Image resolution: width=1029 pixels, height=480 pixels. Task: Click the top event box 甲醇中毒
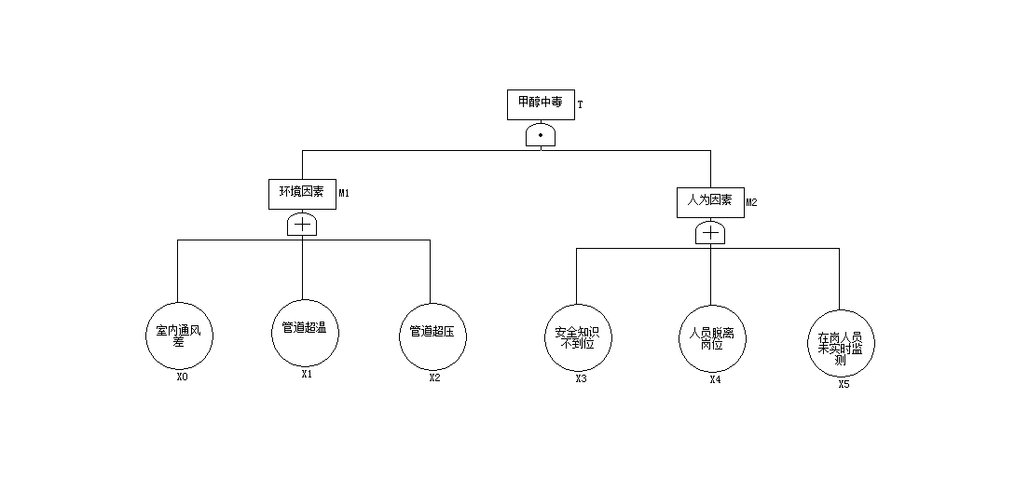[x=541, y=104]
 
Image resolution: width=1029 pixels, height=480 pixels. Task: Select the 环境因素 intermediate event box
[x=302, y=193]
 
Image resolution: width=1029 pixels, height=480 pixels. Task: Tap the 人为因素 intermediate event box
[x=710, y=201]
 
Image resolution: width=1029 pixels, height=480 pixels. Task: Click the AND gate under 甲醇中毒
[x=541, y=136]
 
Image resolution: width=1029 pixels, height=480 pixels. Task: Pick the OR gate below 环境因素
[x=302, y=225]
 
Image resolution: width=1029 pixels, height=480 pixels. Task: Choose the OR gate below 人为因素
[x=710, y=233]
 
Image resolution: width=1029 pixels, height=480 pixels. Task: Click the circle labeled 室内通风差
[x=180, y=336]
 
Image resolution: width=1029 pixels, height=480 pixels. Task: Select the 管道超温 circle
[x=304, y=333]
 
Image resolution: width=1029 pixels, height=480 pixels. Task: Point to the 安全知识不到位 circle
[x=577, y=336]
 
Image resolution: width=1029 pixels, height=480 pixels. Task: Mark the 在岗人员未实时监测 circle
[x=841, y=343]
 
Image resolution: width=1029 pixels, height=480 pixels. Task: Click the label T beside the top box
[x=580, y=105]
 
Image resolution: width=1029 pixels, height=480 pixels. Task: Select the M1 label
[x=344, y=194]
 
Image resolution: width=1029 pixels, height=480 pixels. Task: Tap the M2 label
[x=752, y=202]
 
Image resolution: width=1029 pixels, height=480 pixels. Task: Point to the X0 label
[x=182, y=377]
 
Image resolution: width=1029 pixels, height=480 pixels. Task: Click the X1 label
[x=307, y=375]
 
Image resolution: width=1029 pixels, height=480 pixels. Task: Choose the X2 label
[x=434, y=377]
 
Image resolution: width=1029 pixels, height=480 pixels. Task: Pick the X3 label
[x=581, y=378]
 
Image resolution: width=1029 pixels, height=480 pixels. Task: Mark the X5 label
[x=844, y=383]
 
